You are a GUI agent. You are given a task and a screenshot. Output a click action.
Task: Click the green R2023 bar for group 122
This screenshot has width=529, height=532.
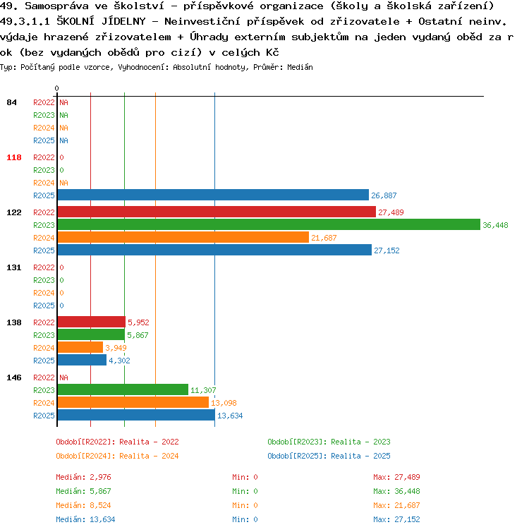click(269, 224)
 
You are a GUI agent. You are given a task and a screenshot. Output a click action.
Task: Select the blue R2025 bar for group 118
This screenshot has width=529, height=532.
click(213, 195)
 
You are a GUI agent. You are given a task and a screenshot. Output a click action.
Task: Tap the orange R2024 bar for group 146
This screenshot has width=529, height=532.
click(133, 403)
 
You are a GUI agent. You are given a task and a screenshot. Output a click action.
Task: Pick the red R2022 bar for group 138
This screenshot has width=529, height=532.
click(92, 322)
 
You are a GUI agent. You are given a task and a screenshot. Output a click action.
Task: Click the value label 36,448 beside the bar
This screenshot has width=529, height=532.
click(495, 225)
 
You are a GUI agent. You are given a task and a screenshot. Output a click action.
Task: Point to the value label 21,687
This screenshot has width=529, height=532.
click(324, 238)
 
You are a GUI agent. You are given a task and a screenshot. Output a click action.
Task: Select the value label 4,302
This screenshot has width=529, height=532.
click(119, 361)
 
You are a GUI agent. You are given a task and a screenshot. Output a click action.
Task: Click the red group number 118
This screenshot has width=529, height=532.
click(14, 157)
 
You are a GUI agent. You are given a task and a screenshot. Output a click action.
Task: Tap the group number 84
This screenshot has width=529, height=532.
click(11, 102)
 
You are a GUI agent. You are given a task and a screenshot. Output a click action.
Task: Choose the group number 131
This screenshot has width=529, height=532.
click(14, 267)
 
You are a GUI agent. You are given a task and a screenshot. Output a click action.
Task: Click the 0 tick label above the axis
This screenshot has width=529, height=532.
click(56, 88)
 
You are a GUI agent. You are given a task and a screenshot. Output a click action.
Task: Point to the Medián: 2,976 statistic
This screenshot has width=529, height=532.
click(83, 478)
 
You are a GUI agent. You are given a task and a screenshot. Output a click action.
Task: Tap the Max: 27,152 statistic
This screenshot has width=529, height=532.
click(396, 519)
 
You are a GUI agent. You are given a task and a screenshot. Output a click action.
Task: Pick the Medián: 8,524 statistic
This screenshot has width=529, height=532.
click(83, 505)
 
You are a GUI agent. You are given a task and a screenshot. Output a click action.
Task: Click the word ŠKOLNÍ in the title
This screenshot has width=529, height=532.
click(75, 21)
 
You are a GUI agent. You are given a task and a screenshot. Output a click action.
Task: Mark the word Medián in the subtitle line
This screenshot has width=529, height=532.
click(300, 67)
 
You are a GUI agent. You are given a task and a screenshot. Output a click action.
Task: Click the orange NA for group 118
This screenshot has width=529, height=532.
click(63, 183)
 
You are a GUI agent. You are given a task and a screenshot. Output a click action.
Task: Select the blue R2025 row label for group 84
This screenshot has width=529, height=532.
click(44, 140)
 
